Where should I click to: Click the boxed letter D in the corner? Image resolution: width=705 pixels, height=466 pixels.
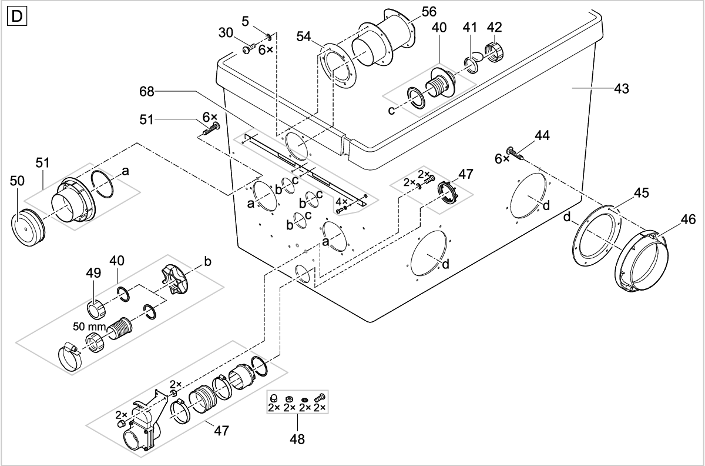coord(16,16)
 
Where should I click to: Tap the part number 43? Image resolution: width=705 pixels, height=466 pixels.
coord(620,89)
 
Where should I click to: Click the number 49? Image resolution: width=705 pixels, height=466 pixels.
coord(95,272)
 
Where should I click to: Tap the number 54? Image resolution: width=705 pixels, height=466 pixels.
coord(304,37)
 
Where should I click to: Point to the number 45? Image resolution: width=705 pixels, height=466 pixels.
coord(642,193)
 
